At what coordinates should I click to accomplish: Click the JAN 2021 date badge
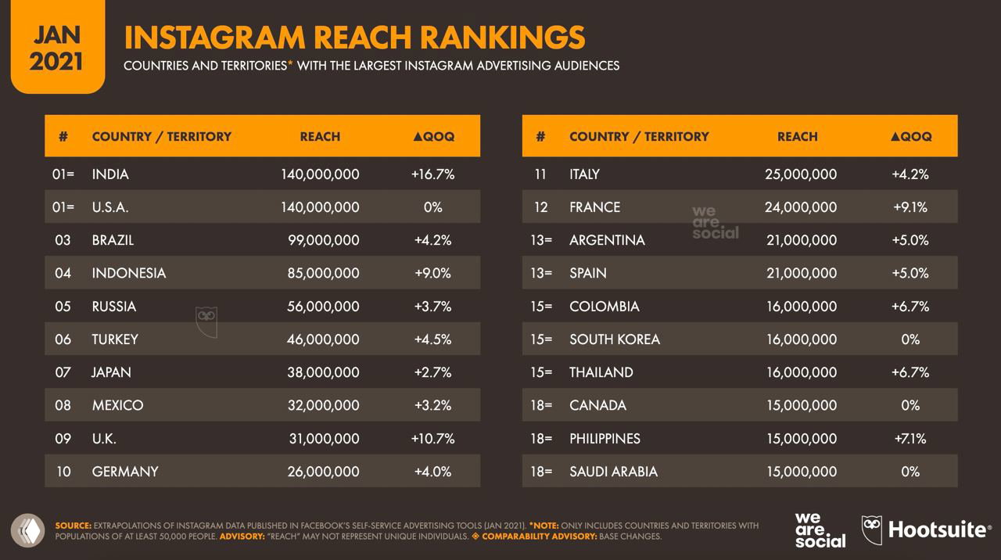56,47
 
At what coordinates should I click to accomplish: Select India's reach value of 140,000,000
320,174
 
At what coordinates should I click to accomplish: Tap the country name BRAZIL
113,240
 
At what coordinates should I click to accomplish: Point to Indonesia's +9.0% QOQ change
432,273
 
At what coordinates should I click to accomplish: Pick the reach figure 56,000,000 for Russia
323,307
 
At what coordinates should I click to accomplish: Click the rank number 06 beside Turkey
63,339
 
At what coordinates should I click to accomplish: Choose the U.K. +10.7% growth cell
432,439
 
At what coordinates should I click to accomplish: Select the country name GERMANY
125,472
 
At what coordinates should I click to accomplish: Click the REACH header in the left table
320,136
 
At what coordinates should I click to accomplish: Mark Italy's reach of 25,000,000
801,174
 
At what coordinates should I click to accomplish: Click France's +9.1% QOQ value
910,207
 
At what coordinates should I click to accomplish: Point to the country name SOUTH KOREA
615,339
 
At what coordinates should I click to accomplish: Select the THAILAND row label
601,372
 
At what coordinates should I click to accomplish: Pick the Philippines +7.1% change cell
910,439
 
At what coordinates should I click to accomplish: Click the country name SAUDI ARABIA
613,472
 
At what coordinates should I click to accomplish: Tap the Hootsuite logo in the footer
926,530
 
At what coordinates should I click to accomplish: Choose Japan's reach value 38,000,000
323,372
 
